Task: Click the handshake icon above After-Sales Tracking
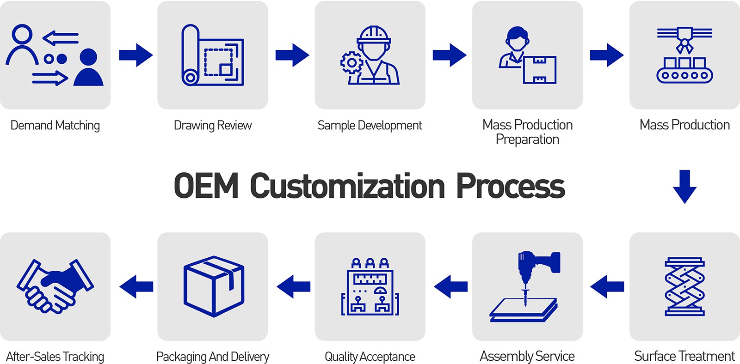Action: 55,286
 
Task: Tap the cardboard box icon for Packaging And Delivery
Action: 213,286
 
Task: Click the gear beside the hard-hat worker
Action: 351,63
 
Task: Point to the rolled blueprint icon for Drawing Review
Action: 212,55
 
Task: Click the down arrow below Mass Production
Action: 684,186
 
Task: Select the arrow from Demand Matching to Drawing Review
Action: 136,55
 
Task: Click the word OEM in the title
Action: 205,186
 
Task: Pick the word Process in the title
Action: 510,186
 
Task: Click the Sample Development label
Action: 370,126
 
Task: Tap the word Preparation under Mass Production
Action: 527,140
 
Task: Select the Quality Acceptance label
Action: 370,357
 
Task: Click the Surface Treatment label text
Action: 684,356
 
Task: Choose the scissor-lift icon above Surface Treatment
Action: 684,286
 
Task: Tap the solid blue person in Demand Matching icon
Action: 88,68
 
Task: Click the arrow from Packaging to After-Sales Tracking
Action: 136,287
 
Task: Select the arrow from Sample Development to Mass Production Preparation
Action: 449,55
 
